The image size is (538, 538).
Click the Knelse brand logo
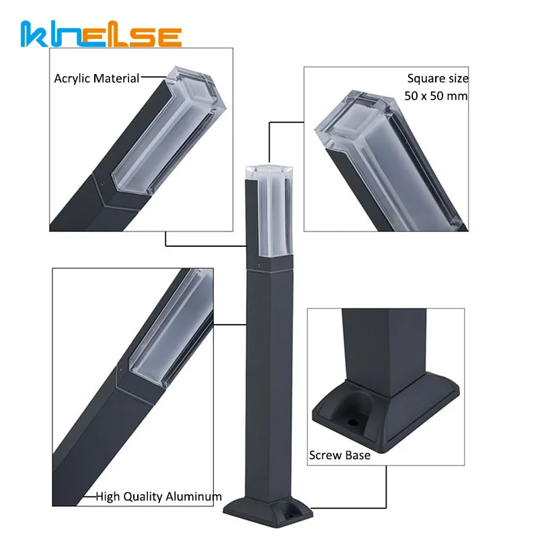[x=101, y=34]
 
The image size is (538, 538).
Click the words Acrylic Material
[x=96, y=79]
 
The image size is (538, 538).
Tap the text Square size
[x=438, y=79]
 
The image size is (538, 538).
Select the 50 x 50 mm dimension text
[x=436, y=95]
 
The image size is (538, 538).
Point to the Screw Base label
[x=340, y=455]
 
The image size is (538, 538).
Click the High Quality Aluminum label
[x=159, y=496]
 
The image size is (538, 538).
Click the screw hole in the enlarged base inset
[x=352, y=422]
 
